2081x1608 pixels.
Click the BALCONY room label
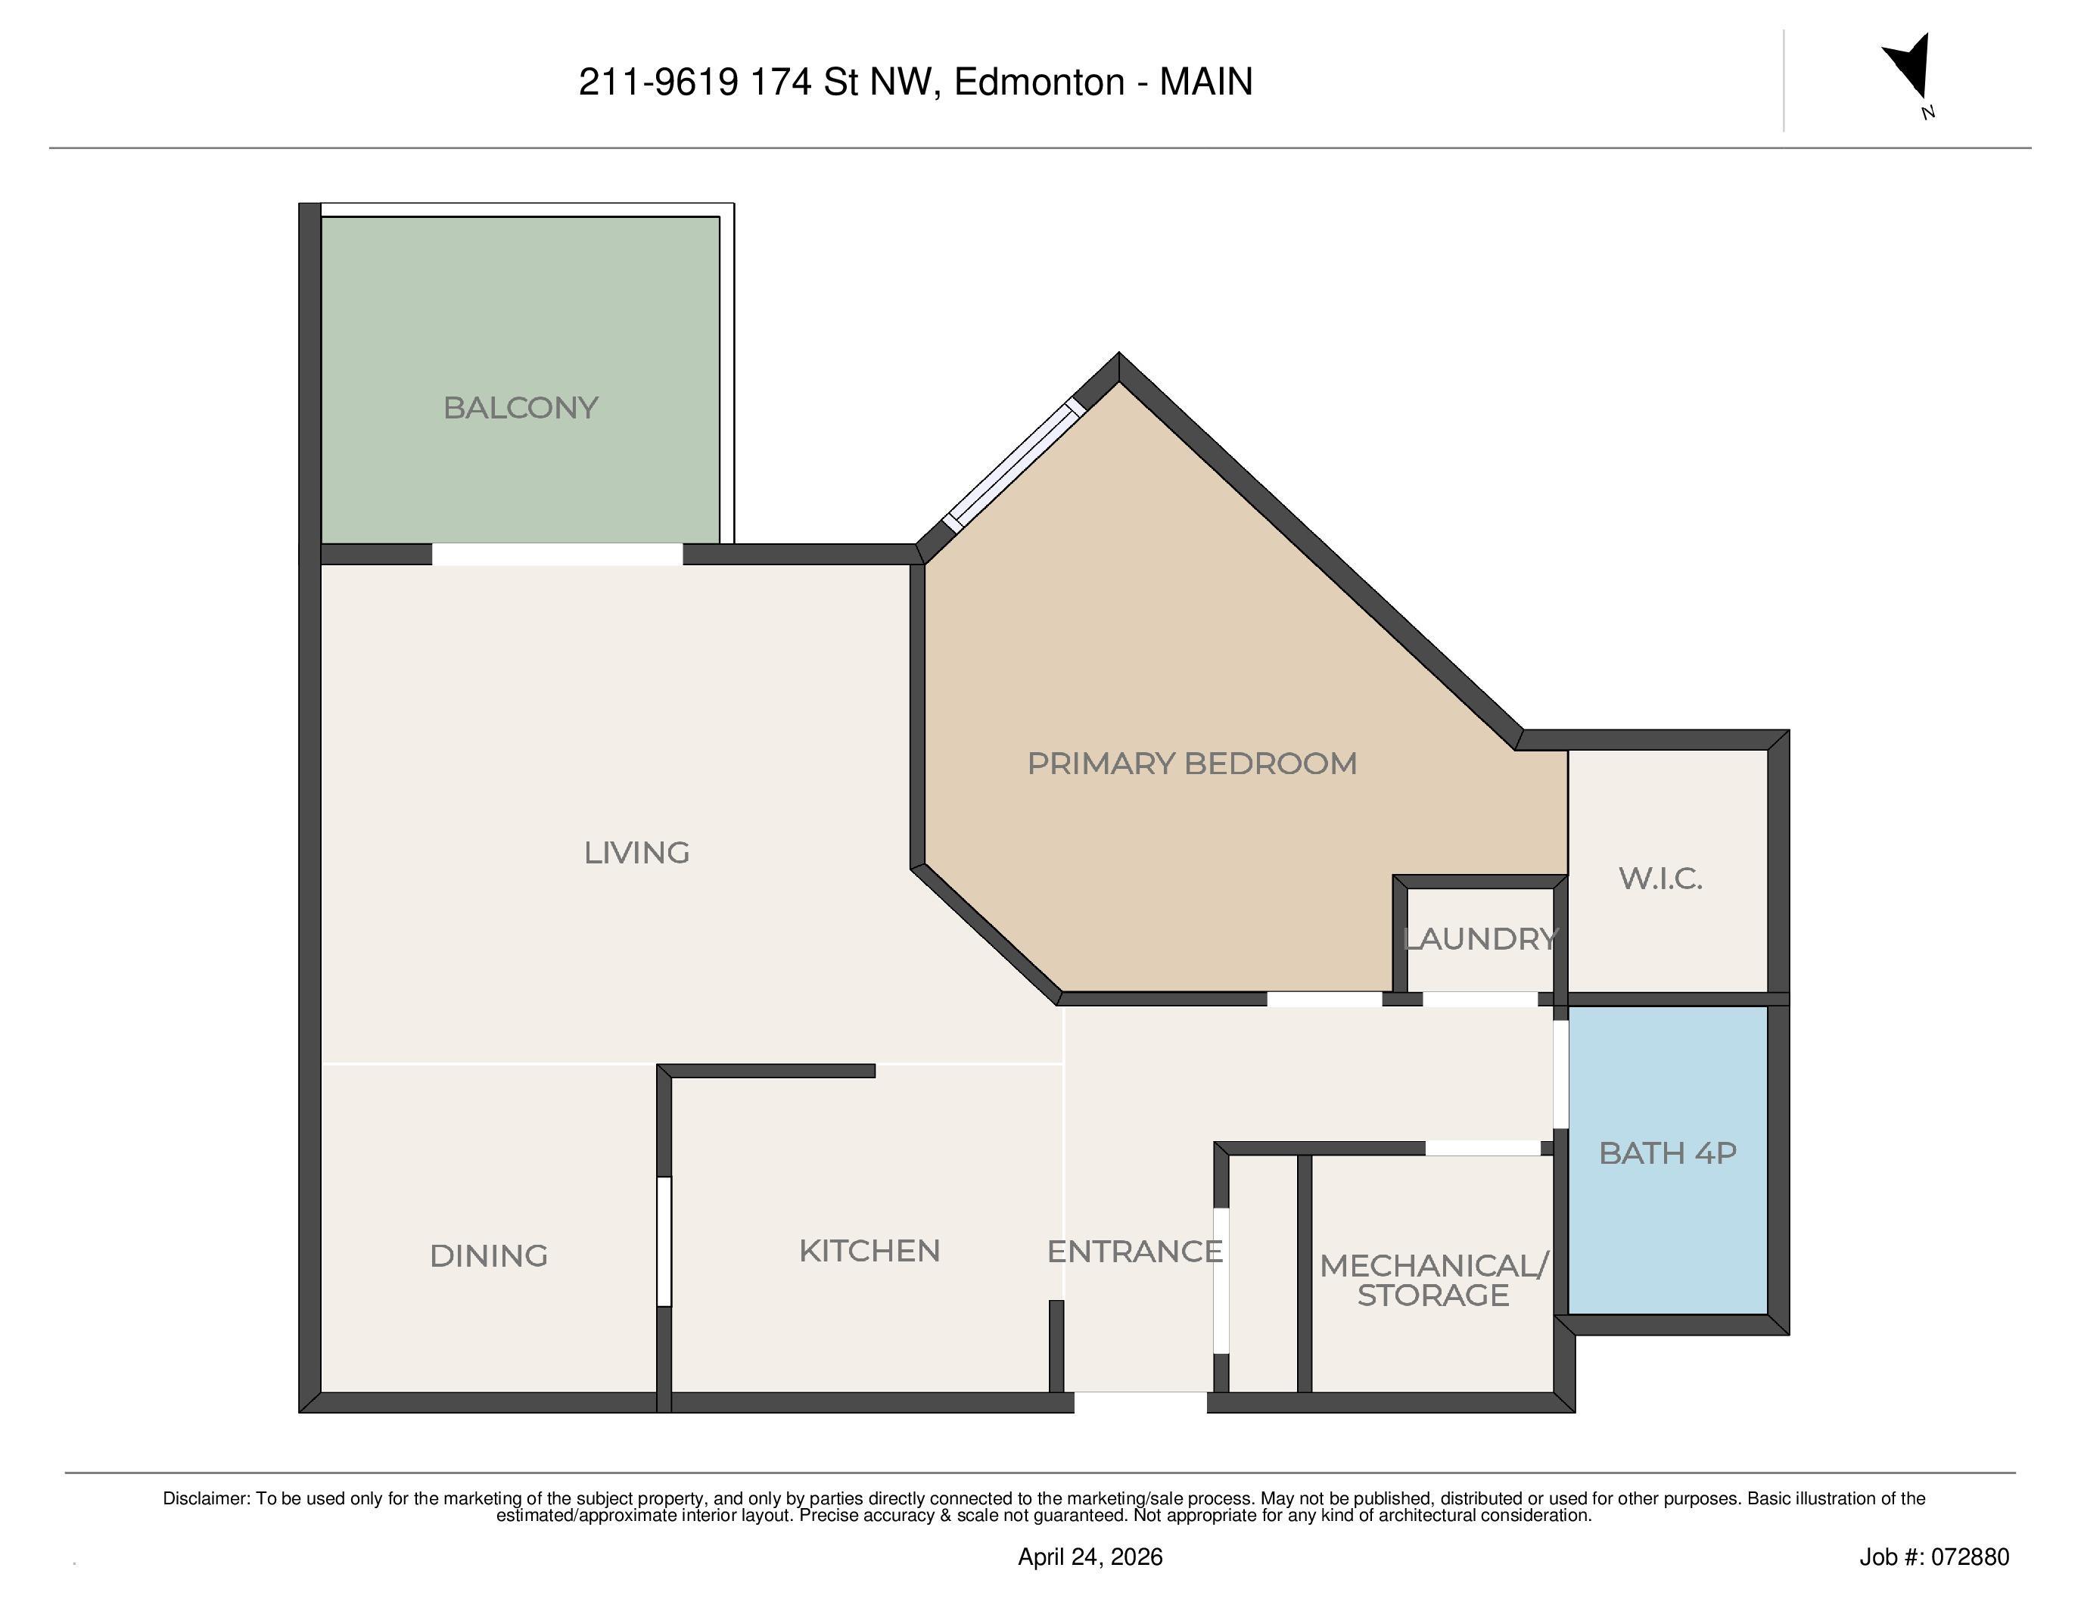pos(521,408)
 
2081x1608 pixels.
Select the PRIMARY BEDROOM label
pos(1191,763)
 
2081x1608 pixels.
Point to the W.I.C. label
pos(1660,877)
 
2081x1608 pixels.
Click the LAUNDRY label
pos(1479,938)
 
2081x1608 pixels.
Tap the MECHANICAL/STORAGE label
pos(1433,1280)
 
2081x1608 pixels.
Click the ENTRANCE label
pos(1134,1251)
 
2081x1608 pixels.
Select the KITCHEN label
pos(869,1250)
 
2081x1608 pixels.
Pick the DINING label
pos(489,1255)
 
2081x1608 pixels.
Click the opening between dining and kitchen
pos(664,1240)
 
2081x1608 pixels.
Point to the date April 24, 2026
pos(1090,1557)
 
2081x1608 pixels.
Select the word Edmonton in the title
pos(1038,82)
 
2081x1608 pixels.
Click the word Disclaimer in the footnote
pos(205,1498)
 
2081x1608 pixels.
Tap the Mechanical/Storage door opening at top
pos(1482,1149)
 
